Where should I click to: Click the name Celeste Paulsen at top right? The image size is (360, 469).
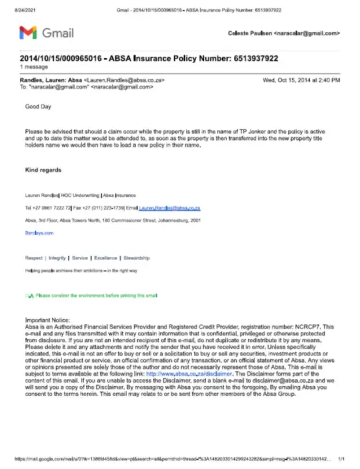(249, 34)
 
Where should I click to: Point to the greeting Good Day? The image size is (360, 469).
(38, 106)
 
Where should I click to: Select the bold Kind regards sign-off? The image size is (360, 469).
(43, 170)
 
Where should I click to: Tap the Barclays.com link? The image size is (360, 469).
(39, 232)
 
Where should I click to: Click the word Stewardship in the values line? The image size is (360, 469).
(137, 258)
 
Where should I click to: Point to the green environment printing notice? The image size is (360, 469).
(95, 296)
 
